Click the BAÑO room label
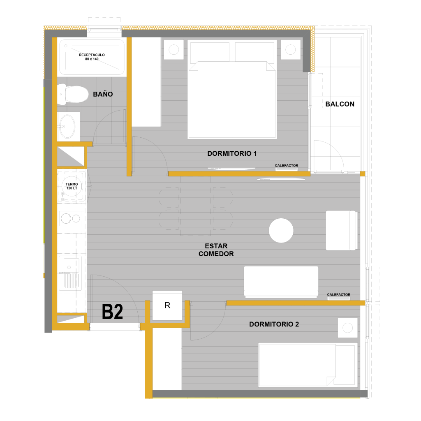pyautogui.click(x=103, y=94)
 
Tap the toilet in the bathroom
pyautogui.click(x=72, y=94)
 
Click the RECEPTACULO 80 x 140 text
pyautogui.click(x=92, y=57)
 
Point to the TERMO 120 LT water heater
pyautogui.click(x=72, y=186)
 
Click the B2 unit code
pyautogui.click(x=112, y=312)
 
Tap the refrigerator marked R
pyautogui.click(x=167, y=305)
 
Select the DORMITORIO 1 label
pyautogui.click(x=232, y=154)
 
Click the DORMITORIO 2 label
pyautogui.click(x=274, y=324)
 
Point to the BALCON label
pyautogui.click(x=340, y=104)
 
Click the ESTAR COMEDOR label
pyautogui.click(x=216, y=250)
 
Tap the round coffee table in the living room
pyautogui.click(x=281, y=230)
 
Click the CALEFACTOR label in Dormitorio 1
pyautogui.click(x=287, y=166)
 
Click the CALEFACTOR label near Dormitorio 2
pyautogui.click(x=339, y=294)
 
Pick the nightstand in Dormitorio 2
pyautogui.click(x=348, y=328)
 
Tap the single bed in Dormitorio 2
pyautogui.click(x=308, y=365)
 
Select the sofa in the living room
pyautogui.click(x=281, y=282)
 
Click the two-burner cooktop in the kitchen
pyautogui.click(x=71, y=219)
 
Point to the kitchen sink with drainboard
pyautogui.click(x=70, y=273)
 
